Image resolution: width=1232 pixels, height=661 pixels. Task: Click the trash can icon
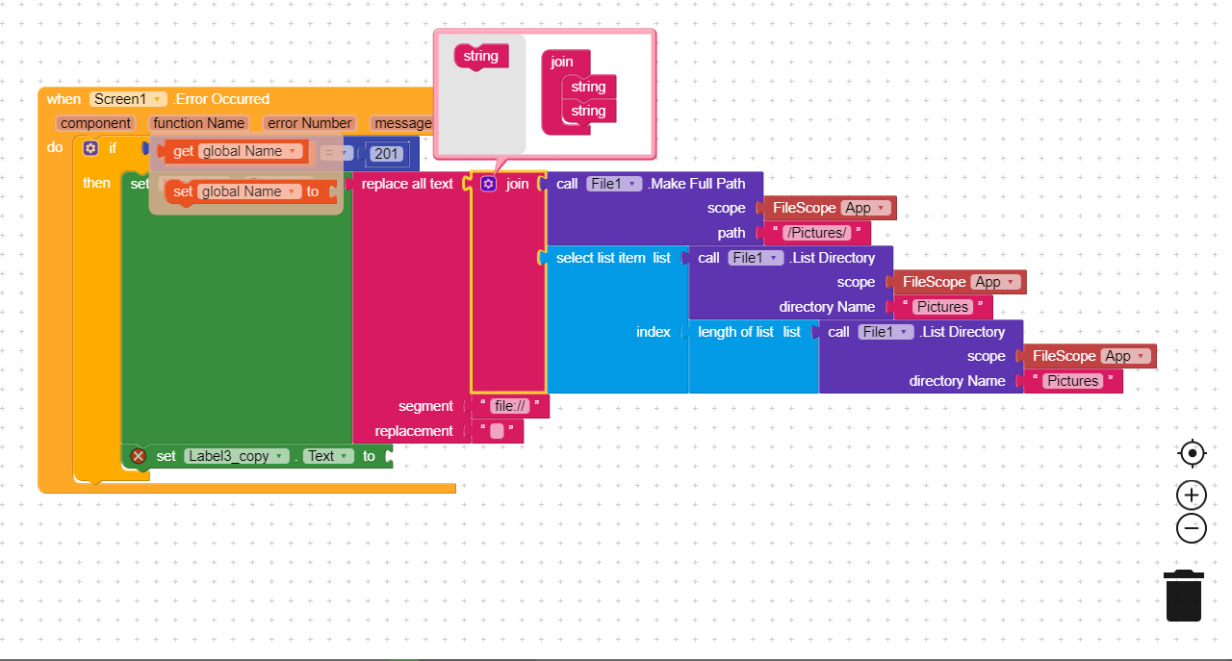click(1183, 596)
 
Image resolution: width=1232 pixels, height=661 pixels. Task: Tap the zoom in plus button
click(1192, 496)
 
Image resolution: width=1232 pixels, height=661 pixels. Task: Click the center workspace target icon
click(1192, 453)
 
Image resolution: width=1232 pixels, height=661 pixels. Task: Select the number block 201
click(387, 154)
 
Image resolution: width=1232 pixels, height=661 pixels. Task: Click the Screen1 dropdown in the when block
click(129, 99)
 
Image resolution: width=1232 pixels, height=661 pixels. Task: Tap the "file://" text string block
click(510, 406)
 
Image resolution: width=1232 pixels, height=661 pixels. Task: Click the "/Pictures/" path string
click(817, 233)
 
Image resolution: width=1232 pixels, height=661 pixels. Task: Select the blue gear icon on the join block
click(488, 184)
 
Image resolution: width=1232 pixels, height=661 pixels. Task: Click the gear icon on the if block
click(90, 148)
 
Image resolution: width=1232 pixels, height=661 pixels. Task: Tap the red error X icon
click(139, 456)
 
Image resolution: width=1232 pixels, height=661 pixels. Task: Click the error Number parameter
click(310, 123)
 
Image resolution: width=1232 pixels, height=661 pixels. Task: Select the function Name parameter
click(198, 123)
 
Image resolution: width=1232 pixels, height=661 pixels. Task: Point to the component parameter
click(95, 123)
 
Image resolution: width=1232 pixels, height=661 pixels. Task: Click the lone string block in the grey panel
click(480, 56)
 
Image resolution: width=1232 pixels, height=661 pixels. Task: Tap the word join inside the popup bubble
click(562, 62)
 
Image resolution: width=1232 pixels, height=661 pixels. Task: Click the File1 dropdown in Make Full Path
click(613, 184)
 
